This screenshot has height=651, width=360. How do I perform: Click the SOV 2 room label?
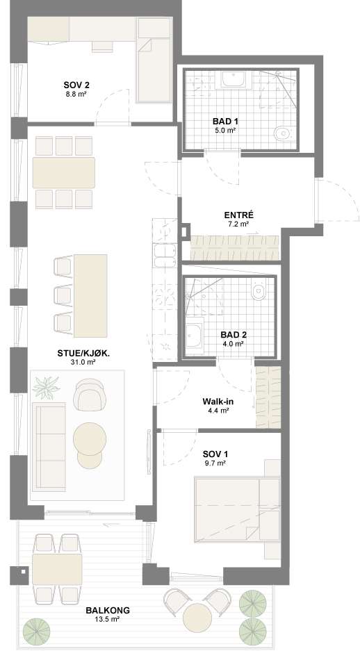tap(76, 85)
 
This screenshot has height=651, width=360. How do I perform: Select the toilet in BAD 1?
tap(282, 133)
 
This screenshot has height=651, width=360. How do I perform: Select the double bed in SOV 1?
tap(237, 510)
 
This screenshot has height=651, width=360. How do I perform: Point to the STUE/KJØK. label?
tap(86, 354)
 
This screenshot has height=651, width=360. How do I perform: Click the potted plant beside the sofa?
tap(46, 388)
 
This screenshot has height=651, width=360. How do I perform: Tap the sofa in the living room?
tap(49, 446)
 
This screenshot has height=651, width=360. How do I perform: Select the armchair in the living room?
tap(88, 395)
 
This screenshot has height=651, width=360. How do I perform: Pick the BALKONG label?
tap(108, 610)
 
